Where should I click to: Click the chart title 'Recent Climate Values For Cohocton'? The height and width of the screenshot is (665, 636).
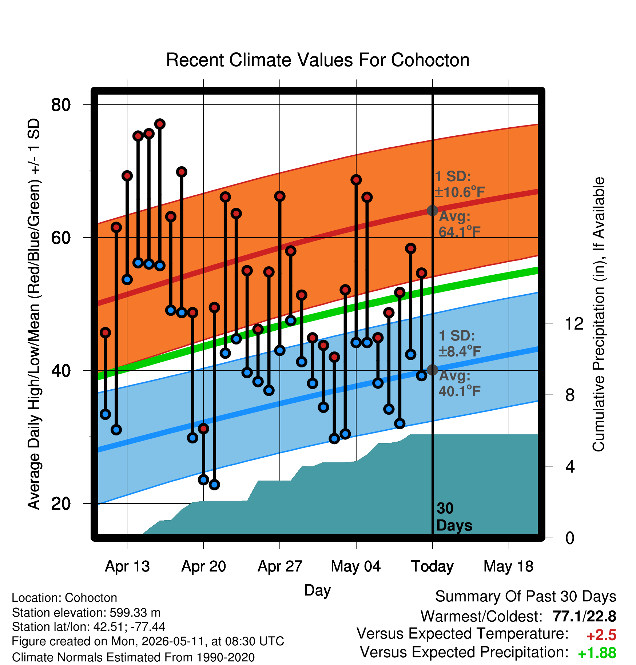[318, 60]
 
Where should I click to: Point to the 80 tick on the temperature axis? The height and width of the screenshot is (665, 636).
[61, 105]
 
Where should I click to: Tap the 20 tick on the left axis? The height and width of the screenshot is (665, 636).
[61, 503]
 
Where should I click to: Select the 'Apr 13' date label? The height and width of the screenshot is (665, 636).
[127, 566]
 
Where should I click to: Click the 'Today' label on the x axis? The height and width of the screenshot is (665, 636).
[432, 566]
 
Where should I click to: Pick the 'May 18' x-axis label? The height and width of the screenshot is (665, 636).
[508, 566]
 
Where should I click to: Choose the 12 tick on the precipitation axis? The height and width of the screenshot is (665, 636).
[574, 323]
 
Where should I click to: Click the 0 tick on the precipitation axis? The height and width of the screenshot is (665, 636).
[570, 538]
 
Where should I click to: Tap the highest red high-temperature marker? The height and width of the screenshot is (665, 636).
[160, 124]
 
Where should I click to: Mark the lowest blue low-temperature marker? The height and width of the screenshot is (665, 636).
[214, 485]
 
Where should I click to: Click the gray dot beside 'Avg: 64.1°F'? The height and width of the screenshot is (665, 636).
[432, 210]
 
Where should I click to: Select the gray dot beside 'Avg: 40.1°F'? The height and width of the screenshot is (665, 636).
[432, 370]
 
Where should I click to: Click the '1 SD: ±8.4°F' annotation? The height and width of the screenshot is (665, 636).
[460, 343]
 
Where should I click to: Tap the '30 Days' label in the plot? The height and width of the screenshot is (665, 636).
[454, 517]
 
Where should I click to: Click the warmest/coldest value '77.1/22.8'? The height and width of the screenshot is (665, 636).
[584, 617]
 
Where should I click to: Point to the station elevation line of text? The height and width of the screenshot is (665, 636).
[86, 613]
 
